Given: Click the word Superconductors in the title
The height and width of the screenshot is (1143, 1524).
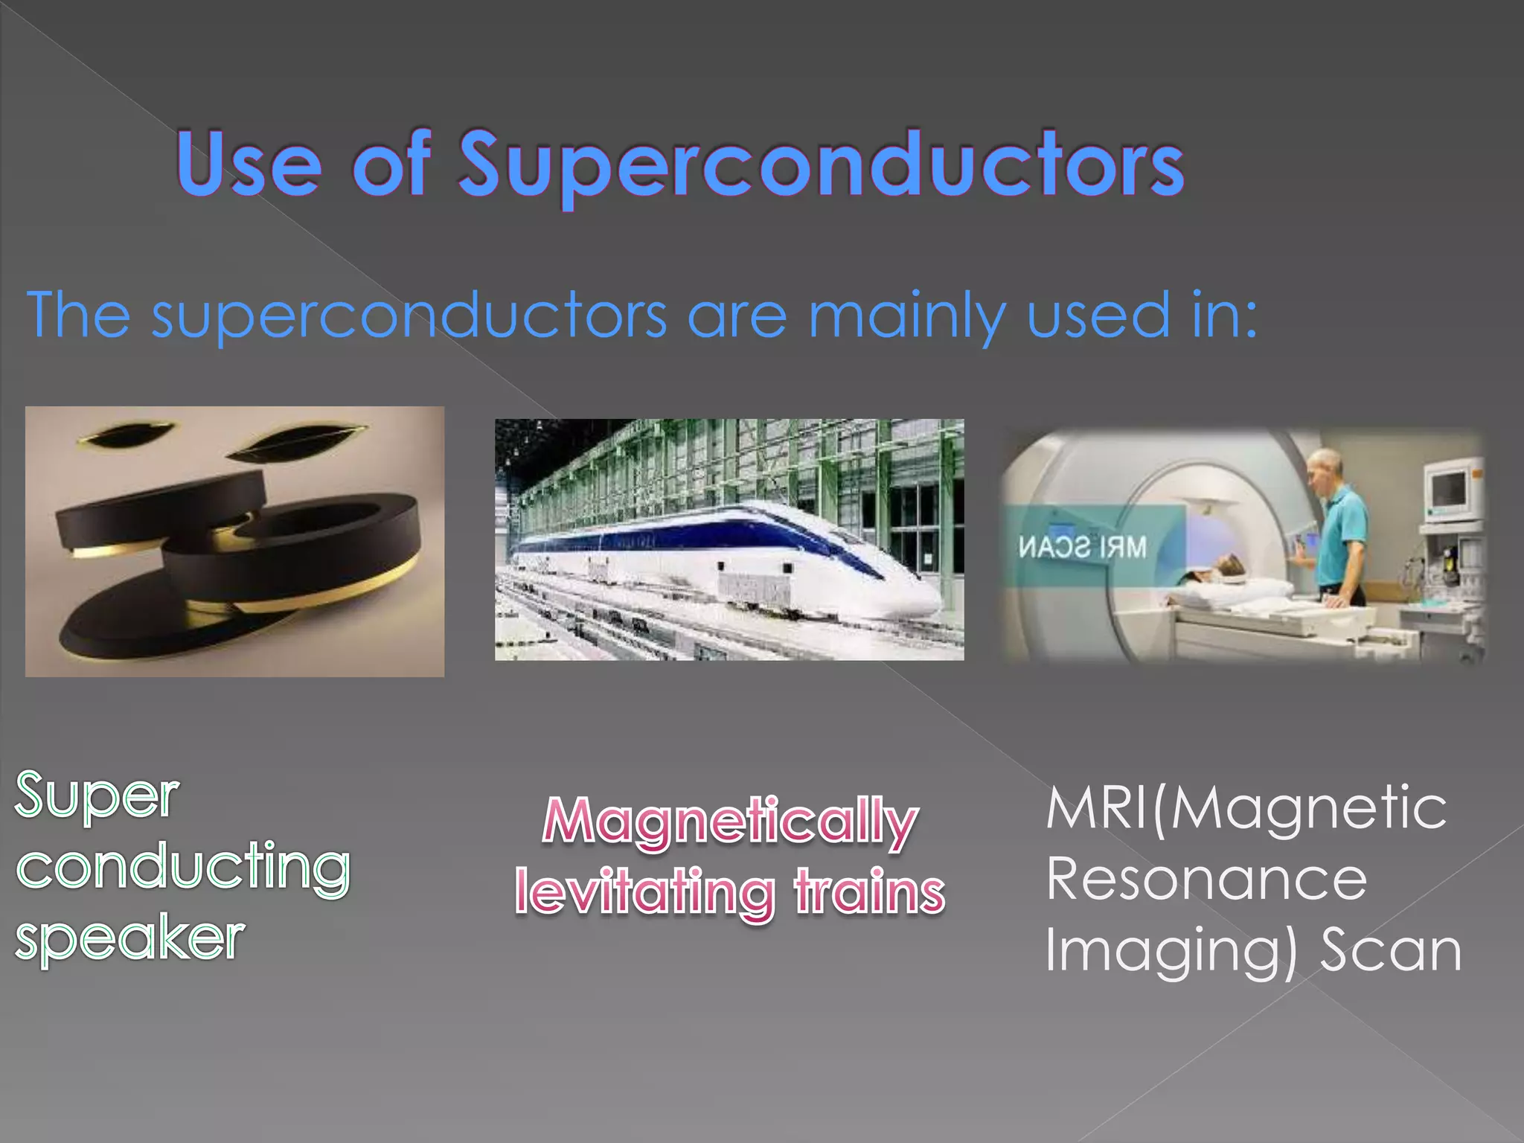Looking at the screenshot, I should click(821, 165).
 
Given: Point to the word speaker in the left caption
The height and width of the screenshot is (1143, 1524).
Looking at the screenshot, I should click(130, 940).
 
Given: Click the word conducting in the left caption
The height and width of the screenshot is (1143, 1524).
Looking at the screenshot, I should click(183, 868).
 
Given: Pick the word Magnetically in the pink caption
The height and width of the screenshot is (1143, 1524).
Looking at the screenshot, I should click(730, 822).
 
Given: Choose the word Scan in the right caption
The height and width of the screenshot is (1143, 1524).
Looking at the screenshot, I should click(1391, 950).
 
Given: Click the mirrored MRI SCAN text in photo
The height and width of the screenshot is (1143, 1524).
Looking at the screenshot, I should click(1083, 548).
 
